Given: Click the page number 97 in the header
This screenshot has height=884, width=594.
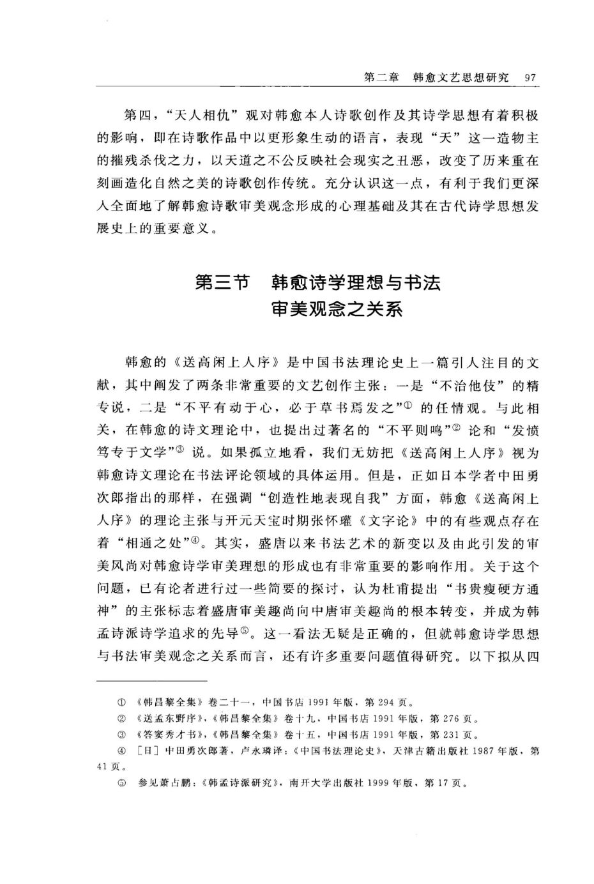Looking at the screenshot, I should click(x=529, y=77).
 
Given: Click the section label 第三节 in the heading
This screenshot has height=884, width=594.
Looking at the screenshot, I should click(x=221, y=282).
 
